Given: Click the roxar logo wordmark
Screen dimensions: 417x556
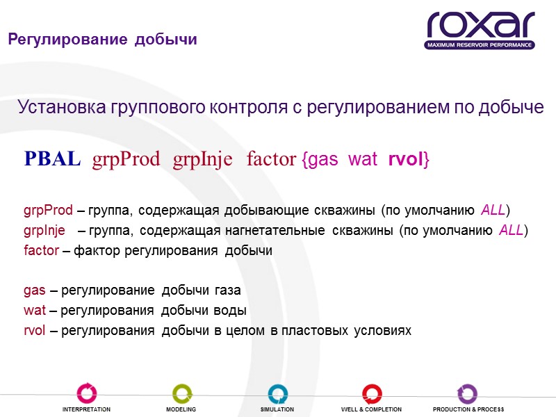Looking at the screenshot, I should click(480, 26).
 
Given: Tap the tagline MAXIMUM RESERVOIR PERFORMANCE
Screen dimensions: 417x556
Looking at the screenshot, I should click(480, 45).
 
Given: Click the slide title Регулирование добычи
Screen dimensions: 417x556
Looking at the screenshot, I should click(102, 40).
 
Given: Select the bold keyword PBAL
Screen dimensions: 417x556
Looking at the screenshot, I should click(53, 159).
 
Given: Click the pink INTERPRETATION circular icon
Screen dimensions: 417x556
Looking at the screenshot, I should click(87, 393).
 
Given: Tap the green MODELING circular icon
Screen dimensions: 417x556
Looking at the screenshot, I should click(181, 393).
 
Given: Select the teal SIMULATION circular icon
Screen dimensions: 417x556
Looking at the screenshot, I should click(277, 393).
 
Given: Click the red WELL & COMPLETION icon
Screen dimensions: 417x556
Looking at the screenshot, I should click(373, 393).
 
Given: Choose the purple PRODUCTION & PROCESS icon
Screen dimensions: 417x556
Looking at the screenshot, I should click(467, 393).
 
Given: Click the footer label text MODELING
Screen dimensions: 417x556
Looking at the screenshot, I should click(181, 409).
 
